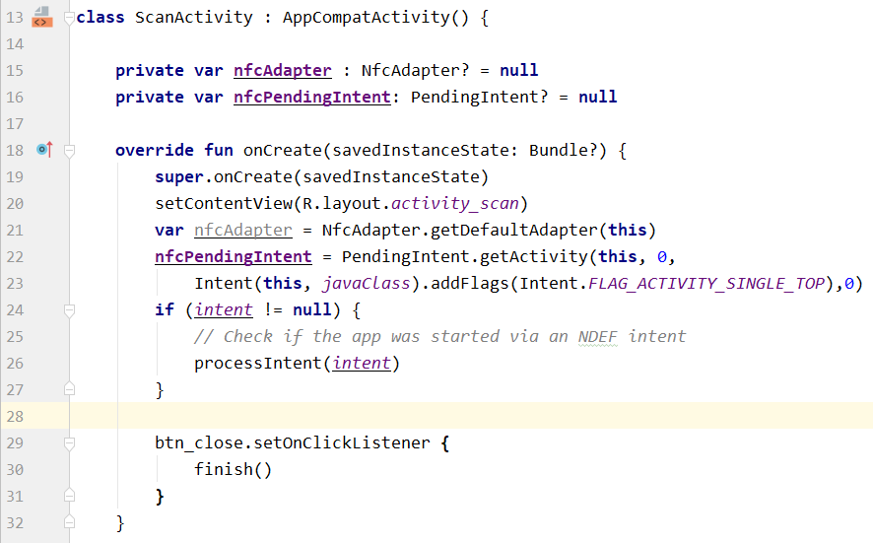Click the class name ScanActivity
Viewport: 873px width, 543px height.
pos(194,18)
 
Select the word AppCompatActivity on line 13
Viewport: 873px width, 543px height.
pos(367,18)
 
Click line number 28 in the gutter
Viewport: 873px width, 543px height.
pos(15,416)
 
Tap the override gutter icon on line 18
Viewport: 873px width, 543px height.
pos(44,149)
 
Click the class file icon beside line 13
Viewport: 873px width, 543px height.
pos(42,17)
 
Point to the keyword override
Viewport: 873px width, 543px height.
pos(155,151)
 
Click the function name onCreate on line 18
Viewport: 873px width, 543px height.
pos(282,151)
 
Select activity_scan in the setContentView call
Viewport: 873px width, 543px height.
pos(455,204)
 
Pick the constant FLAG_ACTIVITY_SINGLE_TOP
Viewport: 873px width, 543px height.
pos(705,284)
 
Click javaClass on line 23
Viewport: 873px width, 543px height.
pos(366,284)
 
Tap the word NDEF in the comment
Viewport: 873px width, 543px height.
pos(597,337)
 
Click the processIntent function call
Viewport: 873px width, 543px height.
pos(258,364)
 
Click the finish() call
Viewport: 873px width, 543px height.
pos(233,469)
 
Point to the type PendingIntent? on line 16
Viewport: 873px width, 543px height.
pos(480,98)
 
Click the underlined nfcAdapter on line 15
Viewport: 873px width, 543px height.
pos(282,71)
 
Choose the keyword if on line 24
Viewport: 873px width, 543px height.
pos(165,309)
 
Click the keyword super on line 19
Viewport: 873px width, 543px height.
pos(179,177)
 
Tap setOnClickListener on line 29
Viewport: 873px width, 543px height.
pos(342,443)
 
